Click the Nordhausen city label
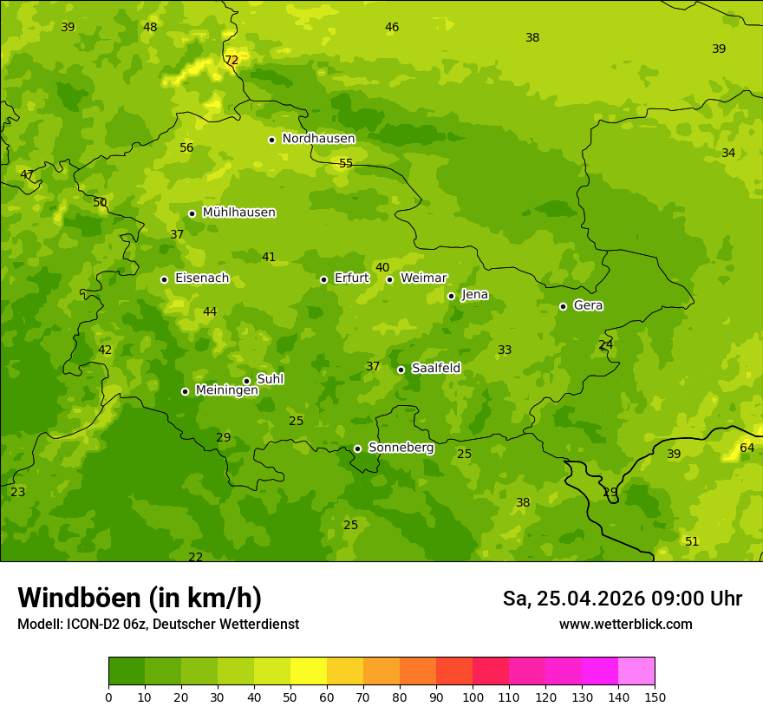click(318, 139)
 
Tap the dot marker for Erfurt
click(323, 279)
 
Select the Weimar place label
click(423, 278)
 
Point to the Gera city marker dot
click(563, 306)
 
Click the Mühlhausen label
click(238, 213)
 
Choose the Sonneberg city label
click(401, 448)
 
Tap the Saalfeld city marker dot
click(401, 370)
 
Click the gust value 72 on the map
click(232, 60)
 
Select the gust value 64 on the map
click(747, 448)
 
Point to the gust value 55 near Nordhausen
click(346, 163)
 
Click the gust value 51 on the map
click(692, 541)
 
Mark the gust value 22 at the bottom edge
click(196, 557)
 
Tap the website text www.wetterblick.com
click(625, 624)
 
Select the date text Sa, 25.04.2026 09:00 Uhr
click(622, 599)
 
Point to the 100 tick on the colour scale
click(473, 697)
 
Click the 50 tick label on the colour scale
click(290, 697)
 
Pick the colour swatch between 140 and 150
click(636, 671)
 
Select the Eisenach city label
click(201, 278)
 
